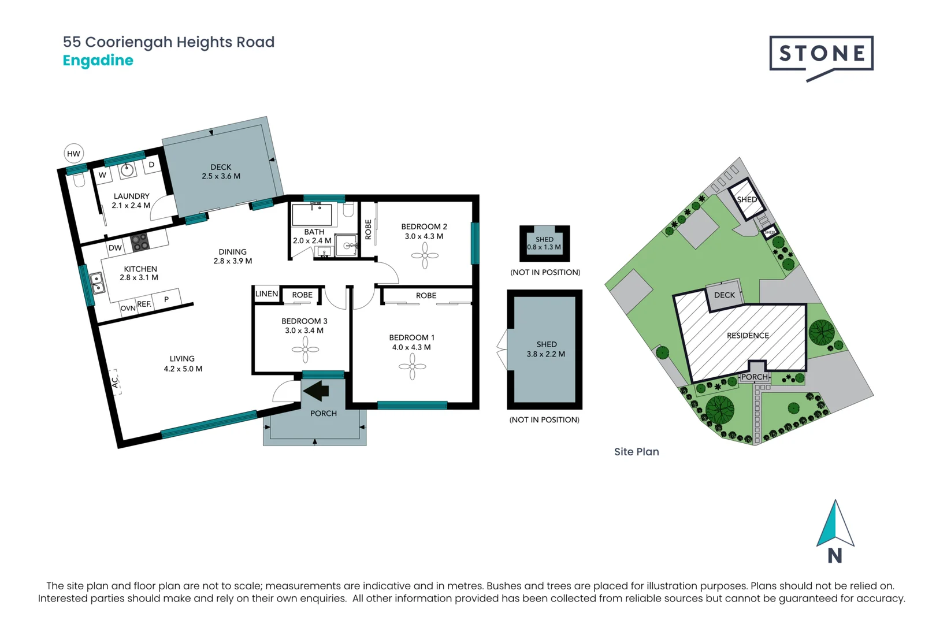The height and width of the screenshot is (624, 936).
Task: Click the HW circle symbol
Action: [73, 154]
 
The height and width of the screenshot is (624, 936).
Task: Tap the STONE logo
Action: [821, 54]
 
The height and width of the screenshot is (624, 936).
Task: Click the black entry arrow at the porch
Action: [317, 391]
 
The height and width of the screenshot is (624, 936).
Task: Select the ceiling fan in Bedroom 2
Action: [425, 255]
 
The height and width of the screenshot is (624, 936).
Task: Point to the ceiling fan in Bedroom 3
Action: [305, 350]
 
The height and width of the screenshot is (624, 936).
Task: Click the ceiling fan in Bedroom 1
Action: [412, 367]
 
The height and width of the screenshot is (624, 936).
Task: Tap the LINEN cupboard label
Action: [266, 294]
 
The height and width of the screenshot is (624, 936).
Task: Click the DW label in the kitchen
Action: [115, 248]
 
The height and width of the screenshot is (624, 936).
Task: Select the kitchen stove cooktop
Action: [139, 242]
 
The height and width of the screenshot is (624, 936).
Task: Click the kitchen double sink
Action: [96, 283]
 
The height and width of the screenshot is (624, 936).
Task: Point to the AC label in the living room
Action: [115, 382]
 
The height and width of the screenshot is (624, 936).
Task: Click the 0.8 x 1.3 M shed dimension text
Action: [544, 247]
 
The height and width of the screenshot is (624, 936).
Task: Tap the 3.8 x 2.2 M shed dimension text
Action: [546, 354]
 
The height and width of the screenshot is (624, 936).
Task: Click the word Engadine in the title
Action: [98, 61]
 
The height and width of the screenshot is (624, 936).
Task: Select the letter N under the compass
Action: [835, 556]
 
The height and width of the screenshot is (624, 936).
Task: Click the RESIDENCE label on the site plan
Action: [748, 336]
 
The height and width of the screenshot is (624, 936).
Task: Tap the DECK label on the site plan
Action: [725, 295]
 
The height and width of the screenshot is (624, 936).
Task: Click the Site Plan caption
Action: [636, 452]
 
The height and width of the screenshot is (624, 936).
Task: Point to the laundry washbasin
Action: [127, 170]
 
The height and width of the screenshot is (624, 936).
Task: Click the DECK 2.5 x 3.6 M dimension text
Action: [221, 176]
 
